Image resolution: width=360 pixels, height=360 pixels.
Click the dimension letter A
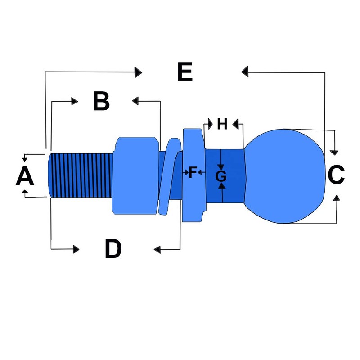point(25,176)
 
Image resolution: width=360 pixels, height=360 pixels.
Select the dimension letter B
point(101,101)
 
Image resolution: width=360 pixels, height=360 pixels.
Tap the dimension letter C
point(336,175)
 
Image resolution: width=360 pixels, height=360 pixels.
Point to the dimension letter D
point(113,249)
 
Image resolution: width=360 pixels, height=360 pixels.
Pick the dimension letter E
point(185,72)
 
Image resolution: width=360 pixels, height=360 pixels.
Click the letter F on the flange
point(193,172)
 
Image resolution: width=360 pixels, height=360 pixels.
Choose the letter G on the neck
point(221,176)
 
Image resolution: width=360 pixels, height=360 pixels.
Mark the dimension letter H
point(222,124)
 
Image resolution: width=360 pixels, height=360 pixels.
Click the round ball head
point(285,176)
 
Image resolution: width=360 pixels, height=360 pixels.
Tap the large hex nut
point(135,176)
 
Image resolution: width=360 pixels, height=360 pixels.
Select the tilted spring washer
point(170,176)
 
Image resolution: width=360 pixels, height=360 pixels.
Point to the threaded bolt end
point(81,175)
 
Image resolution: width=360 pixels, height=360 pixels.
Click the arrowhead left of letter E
point(139,72)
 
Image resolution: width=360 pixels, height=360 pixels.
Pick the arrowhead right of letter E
point(245,72)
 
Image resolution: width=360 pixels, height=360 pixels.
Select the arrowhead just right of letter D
point(157,250)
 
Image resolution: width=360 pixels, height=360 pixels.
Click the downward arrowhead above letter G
point(220,167)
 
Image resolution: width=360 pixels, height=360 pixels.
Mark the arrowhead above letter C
point(334,153)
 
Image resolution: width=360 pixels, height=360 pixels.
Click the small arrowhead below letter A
point(25,192)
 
